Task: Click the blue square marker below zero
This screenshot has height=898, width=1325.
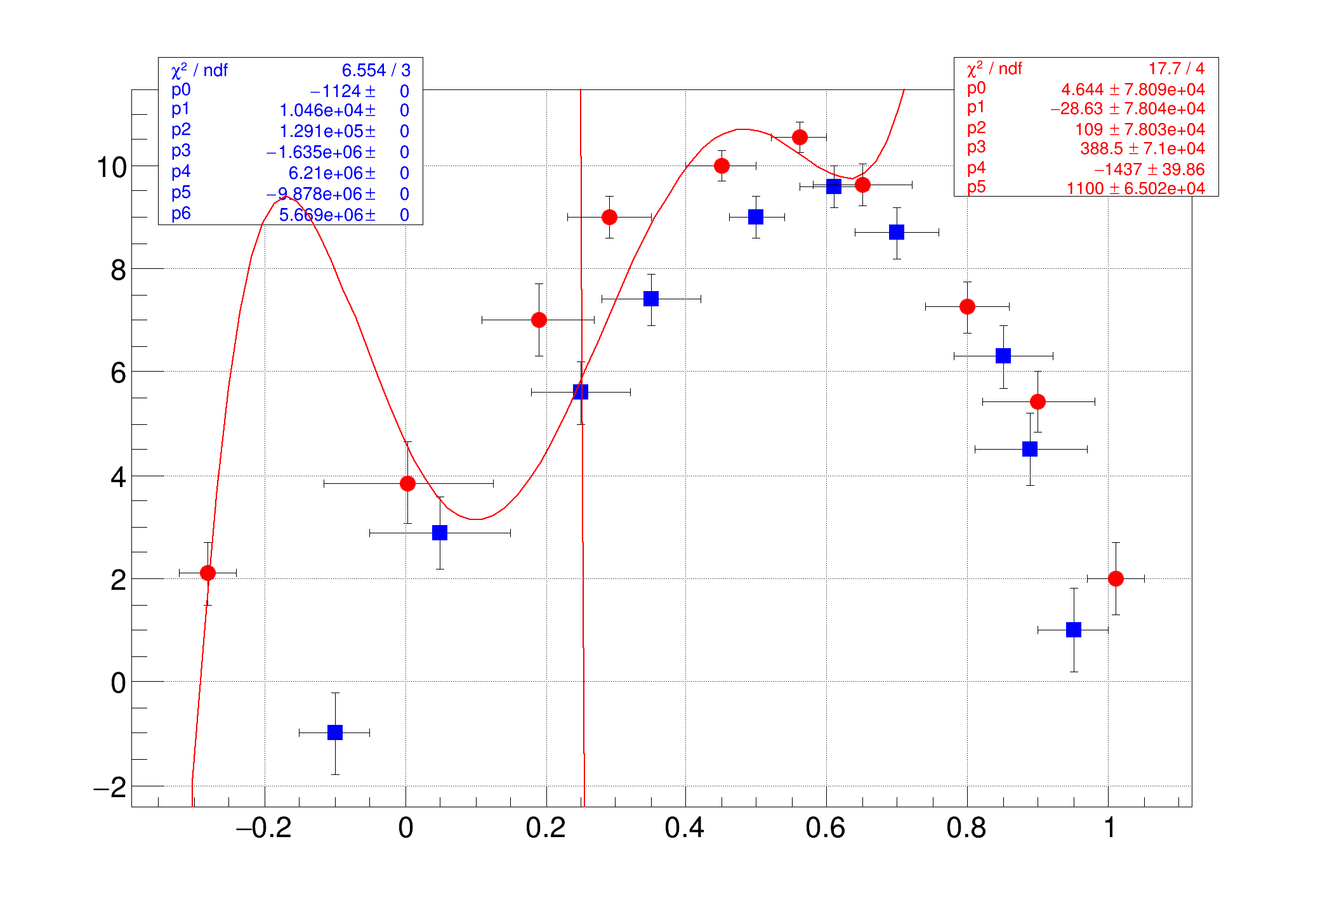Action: pos(335,732)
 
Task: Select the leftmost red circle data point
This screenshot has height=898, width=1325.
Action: pos(208,573)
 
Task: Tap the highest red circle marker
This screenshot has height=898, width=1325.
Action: pos(800,137)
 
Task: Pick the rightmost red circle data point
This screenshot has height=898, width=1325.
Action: pos(1116,578)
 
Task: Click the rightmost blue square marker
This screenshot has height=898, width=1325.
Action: pos(1074,630)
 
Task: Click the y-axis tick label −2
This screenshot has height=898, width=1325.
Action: pos(110,788)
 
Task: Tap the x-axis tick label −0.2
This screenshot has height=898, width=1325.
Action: pos(263,828)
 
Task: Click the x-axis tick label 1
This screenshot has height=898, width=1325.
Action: pos(1109,828)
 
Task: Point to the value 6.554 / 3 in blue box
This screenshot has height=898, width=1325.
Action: pos(376,70)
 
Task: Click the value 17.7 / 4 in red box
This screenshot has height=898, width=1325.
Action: pos(1176,68)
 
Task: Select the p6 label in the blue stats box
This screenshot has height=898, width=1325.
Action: pos(181,214)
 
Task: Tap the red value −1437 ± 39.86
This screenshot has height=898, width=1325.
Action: pos(1149,169)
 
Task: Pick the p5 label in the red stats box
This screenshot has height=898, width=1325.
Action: pos(976,188)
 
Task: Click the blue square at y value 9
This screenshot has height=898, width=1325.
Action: pos(756,217)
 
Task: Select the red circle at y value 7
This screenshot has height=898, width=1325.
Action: pos(539,320)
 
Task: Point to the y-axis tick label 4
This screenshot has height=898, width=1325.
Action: pos(118,477)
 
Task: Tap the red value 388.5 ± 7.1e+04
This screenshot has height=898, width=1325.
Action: pos(1142,149)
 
